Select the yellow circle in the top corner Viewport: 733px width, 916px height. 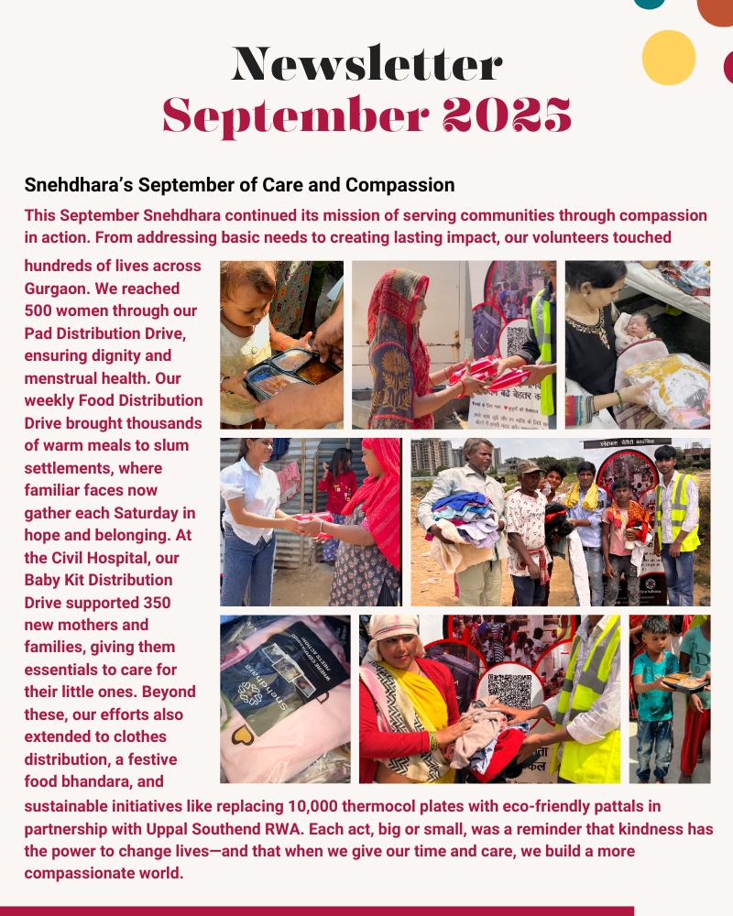click(x=669, y=58)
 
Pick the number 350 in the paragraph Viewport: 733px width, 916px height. click(x=152, y=603)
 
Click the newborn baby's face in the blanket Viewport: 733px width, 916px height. click(x=633, y=326)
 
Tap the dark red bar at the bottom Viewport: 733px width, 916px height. click(x=316, y=911)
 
